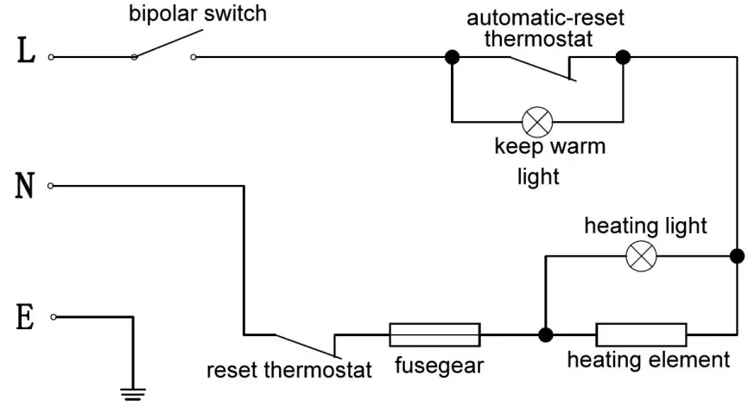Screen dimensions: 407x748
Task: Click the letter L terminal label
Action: (x=26, y=54)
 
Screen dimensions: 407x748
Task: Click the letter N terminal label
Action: (x=26, y=186)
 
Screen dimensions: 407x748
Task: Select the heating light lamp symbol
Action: (x=641, y=255)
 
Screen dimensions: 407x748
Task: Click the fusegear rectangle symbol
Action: (x=434, y=334)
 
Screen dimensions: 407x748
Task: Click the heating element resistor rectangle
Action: (x=641, y=334)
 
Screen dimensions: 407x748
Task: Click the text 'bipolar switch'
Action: (x=198, y=14)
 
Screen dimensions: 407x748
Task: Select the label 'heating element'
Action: (x=648, y=360)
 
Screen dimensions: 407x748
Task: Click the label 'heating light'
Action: (x=645, y=226)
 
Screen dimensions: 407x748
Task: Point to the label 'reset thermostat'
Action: (x=289, y=372)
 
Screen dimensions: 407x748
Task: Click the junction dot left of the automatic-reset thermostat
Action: (x=451, y=58)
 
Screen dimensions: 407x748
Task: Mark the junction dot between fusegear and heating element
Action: (x=545, y=334)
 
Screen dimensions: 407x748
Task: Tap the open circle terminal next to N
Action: (x=51, y=186)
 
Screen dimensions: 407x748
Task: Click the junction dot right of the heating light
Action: (x=736, y=256)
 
